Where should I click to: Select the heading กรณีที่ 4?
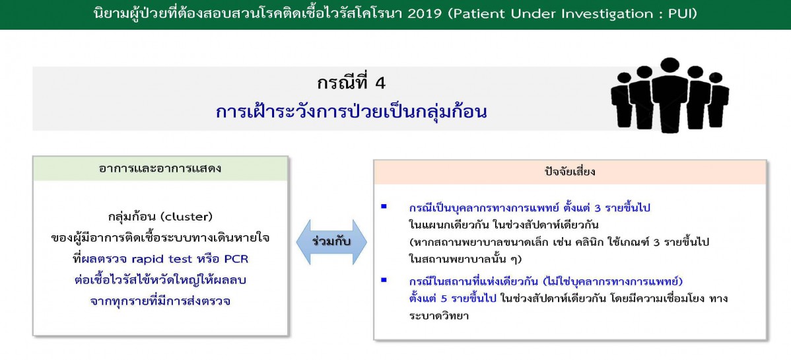point(351,83)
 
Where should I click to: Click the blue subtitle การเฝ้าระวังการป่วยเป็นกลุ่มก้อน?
point(351,112)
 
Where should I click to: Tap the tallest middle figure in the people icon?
point(670,94)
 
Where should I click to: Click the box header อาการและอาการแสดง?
point(160,168)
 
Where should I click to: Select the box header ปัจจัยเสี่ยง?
point(570,172)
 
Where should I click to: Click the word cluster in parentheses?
point(184,217)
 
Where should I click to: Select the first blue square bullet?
point(384,206)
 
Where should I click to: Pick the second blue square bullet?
point(384,279)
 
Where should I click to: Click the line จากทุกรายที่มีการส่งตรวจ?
point(160,301)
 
